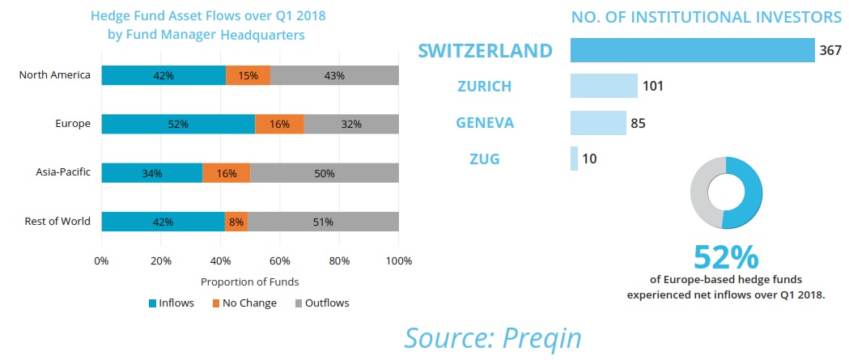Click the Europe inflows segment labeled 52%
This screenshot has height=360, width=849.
(x=178, y=124)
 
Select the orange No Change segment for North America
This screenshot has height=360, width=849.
(x=248, y=76)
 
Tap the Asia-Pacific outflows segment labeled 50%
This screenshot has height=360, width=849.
(x=325, y=172)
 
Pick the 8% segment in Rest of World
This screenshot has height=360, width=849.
(x=236, y=221)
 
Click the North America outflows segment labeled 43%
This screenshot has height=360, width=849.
(x=334, y=76)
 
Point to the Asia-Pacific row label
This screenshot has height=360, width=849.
(x=63, y=172)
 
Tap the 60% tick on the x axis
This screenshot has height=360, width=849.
(x=280, y=261)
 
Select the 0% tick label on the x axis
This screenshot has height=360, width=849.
(x=101, y=261)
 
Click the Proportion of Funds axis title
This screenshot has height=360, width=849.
(x=249, y=282)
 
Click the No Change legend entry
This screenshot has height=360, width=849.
(x=244, y=303)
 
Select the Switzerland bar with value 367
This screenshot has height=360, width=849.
(x=692, y=50)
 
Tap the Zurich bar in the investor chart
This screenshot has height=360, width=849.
(x=604, y=86)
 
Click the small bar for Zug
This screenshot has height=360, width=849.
(x=574, y=159)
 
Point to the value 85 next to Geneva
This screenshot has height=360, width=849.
(x=638, y=123)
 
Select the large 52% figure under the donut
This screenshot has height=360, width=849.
(x=726, y=258)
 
